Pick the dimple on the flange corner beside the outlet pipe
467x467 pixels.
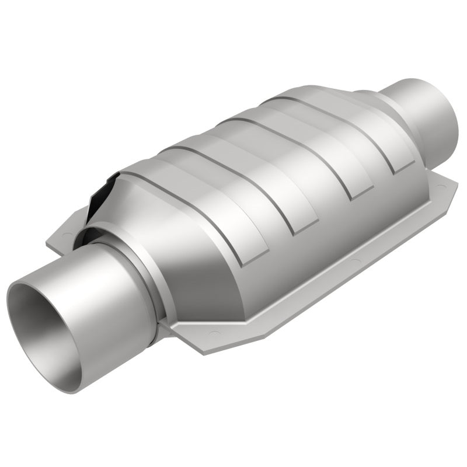click(x=442, y=188)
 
